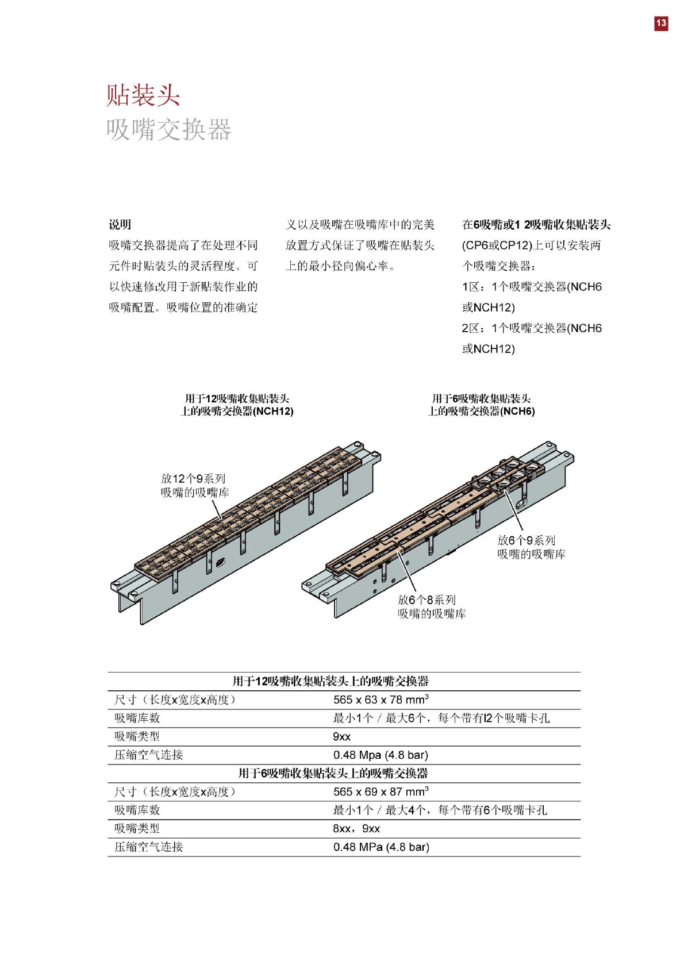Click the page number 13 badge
pyautogui.click(x=661, y=23)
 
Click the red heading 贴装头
pyautogui.click(x=143, y=95)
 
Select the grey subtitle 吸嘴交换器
pyautogui.click(x=168, y=130)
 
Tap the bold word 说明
pyautogui.click(x=120, y=225)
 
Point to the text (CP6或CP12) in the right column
pyautogui.click(x=497, y=245)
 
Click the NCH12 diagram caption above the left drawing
pyautogui.click(x=237, y=405)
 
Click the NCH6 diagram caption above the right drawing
pyautogui.click(x=481, y=405)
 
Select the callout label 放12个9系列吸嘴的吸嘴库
pyautogui.click(x=194, y=485)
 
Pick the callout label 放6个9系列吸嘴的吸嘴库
pyautogui.click(x=531, y=547)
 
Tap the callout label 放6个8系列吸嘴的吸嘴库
pyautogui.click(x=432, y=606)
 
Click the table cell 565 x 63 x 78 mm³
pyautogui.click(x=381, y=700)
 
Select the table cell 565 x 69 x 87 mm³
pyautogui.click(x=381, y=792)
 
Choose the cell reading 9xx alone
pyautogui.click(x=341, y=736)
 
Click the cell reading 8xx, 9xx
pyautogui.click(x=356, y=828)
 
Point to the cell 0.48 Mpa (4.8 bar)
pyautogui.click(x=381, y=755)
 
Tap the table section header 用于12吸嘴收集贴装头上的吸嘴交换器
pyautogui.click(x=331, y=681)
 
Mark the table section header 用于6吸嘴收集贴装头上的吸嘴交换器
pyautogui.click(x=333, y=773)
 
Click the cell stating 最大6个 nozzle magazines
pyautogui.click(x=441, y=718)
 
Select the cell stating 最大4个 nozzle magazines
pyautogui.click(x=440, y=810)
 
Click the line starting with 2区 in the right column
pyautogui.click(x=532, y=328)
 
